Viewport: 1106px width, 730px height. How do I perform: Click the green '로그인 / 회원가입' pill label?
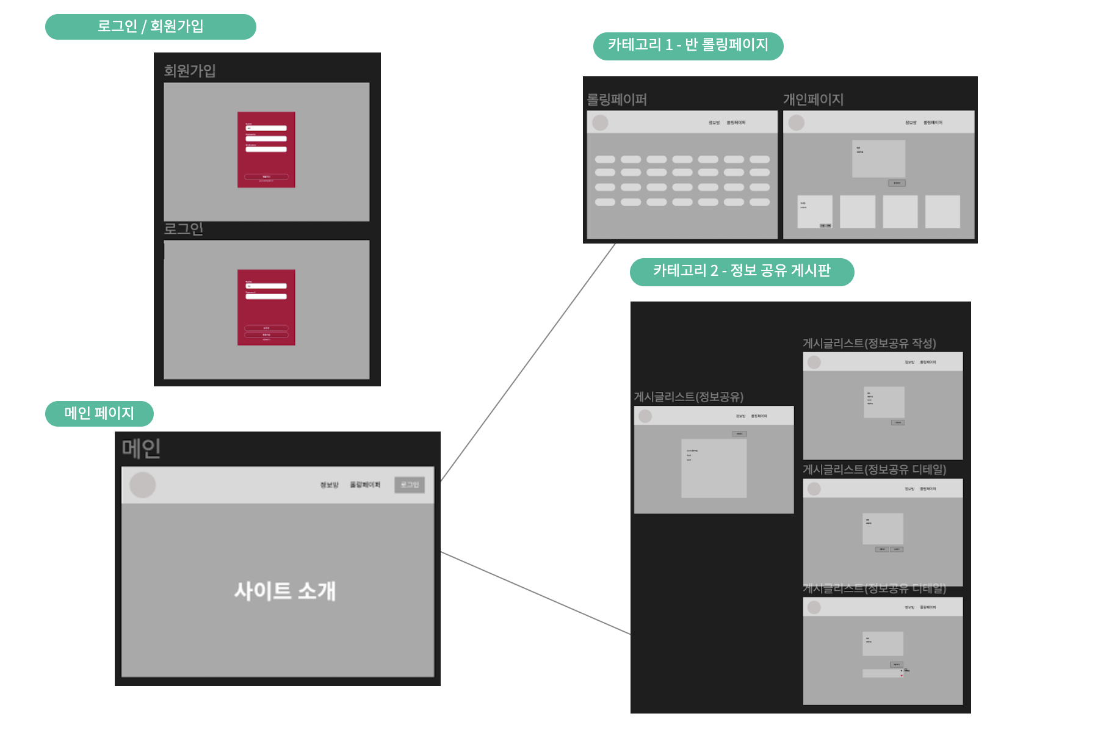[150, 27]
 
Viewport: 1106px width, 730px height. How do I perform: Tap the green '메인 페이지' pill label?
[99, 413]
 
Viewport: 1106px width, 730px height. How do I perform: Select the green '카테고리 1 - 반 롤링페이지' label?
[688, 46]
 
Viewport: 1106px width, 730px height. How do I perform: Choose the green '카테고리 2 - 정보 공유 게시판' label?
[742, 272]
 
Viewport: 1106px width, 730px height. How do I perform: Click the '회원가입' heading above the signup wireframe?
[190, 71]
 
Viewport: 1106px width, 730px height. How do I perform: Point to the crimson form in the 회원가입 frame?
[266, 150]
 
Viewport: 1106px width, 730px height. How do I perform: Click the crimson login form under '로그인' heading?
[266, 308]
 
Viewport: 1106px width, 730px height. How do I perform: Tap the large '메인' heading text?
[141, 449]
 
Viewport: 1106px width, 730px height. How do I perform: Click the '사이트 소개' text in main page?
[285, 591]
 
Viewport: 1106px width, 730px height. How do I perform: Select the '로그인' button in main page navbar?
[410, 485]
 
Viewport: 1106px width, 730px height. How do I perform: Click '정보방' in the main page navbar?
[329, 485]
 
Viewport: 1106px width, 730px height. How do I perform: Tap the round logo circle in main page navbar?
[143, 485]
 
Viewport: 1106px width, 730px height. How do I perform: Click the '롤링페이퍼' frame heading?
[617, 99]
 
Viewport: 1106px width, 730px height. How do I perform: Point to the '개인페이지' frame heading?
[813, 99]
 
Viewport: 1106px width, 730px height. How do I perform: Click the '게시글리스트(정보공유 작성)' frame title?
[869, 343]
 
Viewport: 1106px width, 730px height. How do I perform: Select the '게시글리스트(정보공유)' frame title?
[689, 397]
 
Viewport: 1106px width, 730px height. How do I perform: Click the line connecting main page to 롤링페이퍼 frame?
[529, 363]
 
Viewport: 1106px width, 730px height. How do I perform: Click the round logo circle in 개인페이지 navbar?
[797, 123]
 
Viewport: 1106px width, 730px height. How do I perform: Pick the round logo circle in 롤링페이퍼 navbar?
[601, 123]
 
